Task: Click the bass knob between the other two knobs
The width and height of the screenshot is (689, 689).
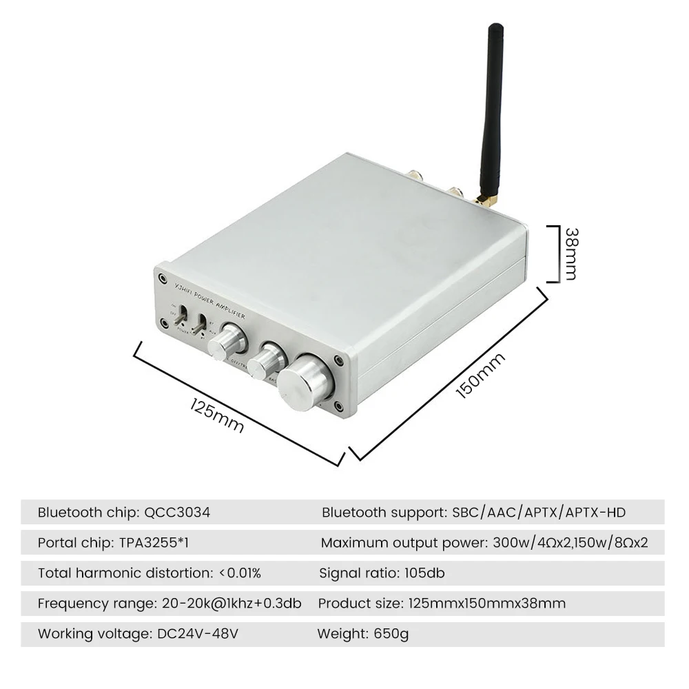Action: pyautogui.click(x=267, y=358)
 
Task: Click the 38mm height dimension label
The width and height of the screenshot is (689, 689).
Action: pyautogui.click(x=569, y=254)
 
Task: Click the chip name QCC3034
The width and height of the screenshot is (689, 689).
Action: pyautogui.click(x=177, y=513)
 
